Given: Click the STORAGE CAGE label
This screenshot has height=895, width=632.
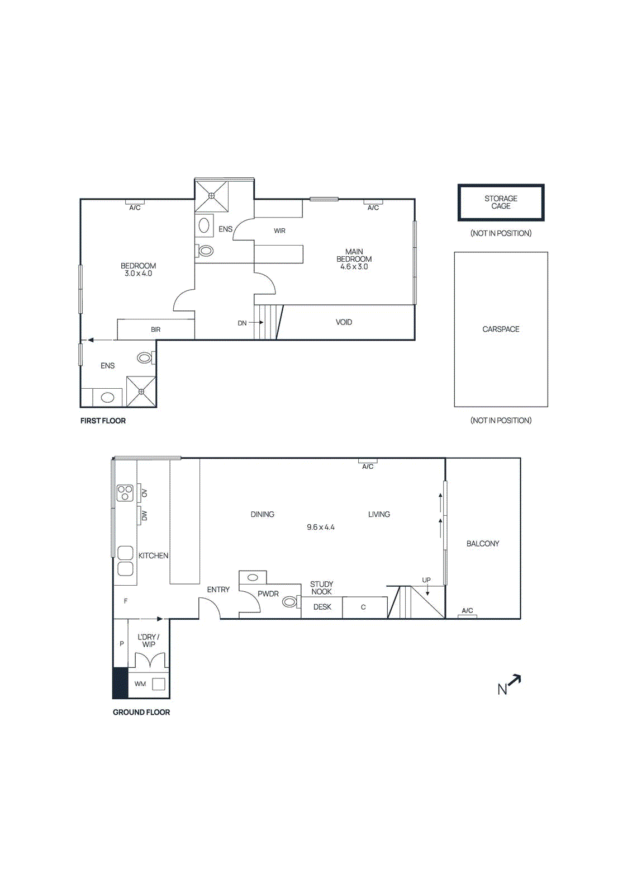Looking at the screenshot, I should pyautogui.click(x=501, y=202).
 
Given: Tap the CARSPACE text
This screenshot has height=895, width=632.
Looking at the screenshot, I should pyautogui.click(x=501, y=329).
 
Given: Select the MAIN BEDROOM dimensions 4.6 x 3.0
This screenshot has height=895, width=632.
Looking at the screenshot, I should pyautogui.click(x=354, y=267).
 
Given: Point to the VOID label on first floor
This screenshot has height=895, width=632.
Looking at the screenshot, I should pyautogui.click(x=344, y=322).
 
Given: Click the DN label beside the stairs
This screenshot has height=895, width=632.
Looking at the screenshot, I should pyautogui.click(x=242, y=323).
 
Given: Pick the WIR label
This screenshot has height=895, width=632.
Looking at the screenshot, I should pyautogui.click(x=279, y=231).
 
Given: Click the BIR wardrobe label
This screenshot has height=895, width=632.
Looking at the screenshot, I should pyautogui.click(x=156, y=330).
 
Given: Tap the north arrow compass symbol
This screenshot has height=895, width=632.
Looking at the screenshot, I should pyautogui.click(x=509, y=685).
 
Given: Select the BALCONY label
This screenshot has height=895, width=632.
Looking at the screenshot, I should pyautogui.click(x=483, y=544).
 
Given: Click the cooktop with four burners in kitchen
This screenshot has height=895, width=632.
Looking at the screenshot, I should pyautogui.click(x=125, y=493).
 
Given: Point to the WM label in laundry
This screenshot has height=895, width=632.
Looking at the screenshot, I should pyautogui.click(x=140, y=684).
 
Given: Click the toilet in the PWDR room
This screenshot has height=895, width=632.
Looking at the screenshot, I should pyautogui.click(x=289, y=602).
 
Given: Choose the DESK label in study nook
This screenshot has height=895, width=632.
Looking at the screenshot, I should pyautogui.click(x=322, y=607).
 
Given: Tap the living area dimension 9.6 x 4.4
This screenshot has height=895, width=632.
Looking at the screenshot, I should pyautogui.click(x=321, y=527).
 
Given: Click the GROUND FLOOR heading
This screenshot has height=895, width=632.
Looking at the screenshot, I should pyautogui.click(x=141, y=712).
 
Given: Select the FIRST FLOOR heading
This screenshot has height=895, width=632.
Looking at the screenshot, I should pyautogui.click(x=103, y=421).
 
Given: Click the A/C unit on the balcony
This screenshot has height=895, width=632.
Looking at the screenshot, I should pyautogui.click(x=467, y=616).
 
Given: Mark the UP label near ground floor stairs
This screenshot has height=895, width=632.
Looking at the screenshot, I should pyautogui.click(x=426, y=580).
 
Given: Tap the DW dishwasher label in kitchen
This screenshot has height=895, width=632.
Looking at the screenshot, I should pyautogui.click(x=144, y=515).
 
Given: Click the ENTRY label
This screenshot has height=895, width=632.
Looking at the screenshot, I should pyautogui.click(x=218, y=590).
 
